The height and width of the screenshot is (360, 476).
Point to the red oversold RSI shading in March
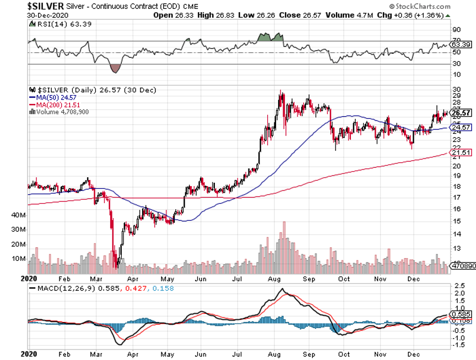pyautogui.click(x=115, y=68)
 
